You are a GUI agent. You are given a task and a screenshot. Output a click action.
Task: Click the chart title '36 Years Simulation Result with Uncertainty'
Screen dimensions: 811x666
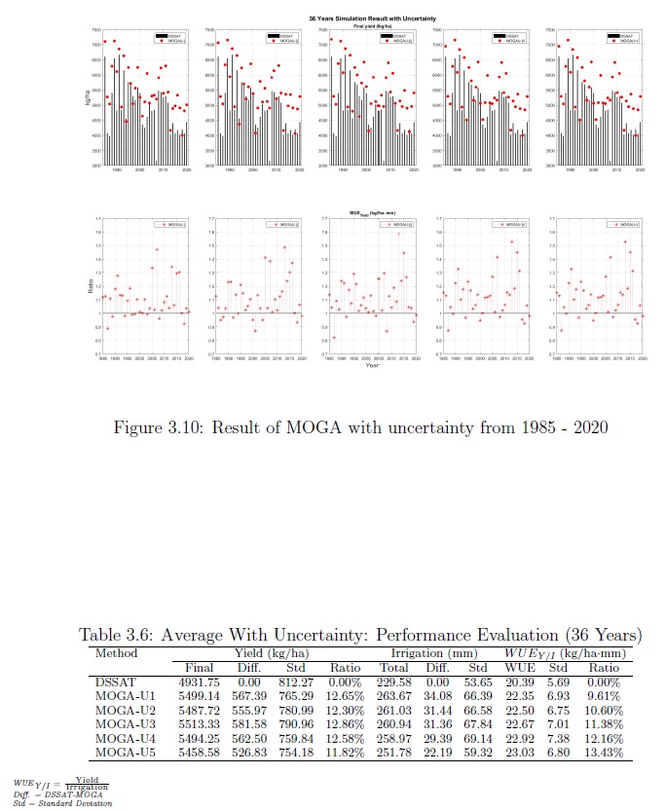click(x=359, y=18)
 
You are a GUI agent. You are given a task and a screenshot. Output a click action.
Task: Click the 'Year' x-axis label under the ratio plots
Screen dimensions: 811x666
click(x=372, y=365)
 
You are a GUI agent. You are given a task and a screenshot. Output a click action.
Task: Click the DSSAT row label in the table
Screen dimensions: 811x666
click(x=110, y=682)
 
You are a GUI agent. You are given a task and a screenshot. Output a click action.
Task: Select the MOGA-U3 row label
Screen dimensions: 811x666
click(x=119, y=725)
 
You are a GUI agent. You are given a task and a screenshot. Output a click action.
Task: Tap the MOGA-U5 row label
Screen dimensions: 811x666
click(x=119, y=754)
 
